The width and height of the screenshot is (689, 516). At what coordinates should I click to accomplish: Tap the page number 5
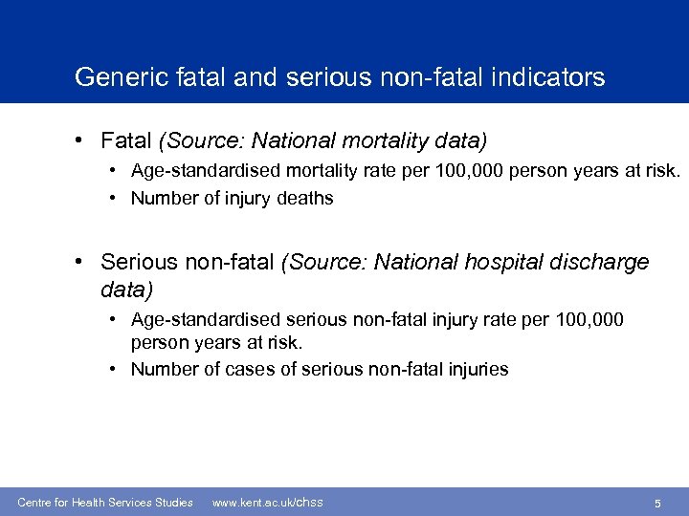[x=657, y=503]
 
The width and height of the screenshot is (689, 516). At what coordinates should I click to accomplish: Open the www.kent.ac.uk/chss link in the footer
[x=267, y=502]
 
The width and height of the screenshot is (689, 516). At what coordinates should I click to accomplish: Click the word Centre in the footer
[x=35, y=503]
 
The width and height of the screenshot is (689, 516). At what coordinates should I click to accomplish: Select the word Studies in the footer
[x=172, y=503]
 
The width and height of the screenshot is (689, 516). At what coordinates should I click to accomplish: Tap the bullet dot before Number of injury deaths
[x=113, y=199]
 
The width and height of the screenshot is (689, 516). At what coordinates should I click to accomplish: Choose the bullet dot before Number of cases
[x=113, y=369]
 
